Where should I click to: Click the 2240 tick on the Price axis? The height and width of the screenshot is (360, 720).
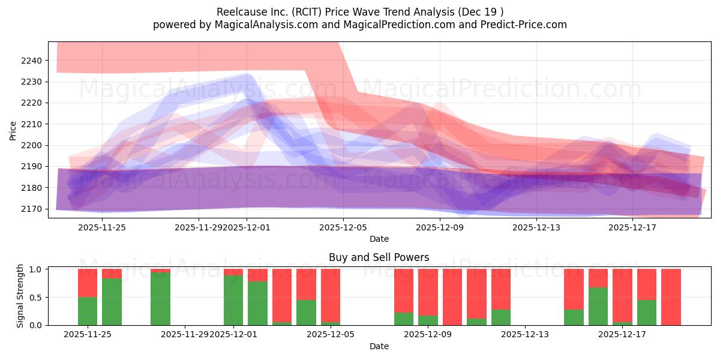33,61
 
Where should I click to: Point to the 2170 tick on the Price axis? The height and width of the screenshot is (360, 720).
33,209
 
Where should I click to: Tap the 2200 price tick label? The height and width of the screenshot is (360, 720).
33,145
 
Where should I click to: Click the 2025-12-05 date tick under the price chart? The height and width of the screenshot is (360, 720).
343,227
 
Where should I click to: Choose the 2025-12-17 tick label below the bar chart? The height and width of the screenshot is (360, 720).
622,334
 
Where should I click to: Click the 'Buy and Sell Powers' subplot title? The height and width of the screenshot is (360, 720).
379,257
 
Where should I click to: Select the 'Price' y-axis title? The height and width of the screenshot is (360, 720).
13,130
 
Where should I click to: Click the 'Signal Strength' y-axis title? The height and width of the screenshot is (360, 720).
20,296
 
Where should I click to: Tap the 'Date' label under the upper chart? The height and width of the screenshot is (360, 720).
379,239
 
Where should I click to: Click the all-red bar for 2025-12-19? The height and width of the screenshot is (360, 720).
671,297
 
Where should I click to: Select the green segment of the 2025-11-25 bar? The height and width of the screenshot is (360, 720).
88,311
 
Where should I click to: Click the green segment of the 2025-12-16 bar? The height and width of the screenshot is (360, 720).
598,306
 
